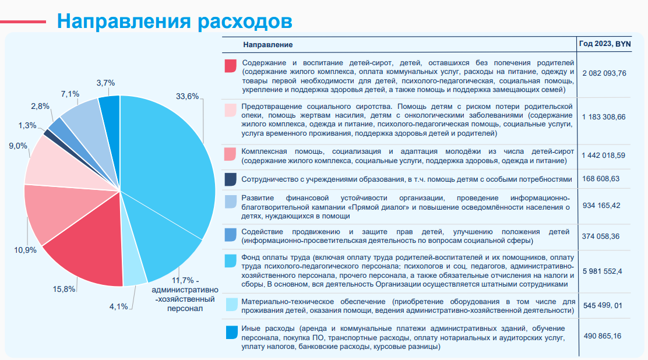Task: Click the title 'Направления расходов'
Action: tap(174, 21)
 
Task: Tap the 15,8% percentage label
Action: tap(64, 290)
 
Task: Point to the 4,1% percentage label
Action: tap(119, 306)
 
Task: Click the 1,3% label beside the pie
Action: tap(27, 125)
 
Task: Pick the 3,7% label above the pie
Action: tap(106, 83)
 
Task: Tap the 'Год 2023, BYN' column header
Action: tap(605, 44)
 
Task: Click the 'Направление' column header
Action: tap(268, 45)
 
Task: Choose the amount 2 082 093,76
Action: tap(604, 73)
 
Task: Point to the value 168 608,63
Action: tap(601, 179)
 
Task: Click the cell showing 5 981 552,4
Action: tap(603, 271)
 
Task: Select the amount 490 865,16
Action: tap(603, 336)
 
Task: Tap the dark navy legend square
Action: tap(231, 179)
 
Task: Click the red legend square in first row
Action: tap(231, 66)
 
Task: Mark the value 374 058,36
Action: tap(601, 237)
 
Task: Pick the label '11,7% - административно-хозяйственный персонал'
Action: tap(185, 294)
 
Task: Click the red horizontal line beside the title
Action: tap(23, 22)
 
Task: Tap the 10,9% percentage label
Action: tap(25, 250)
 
